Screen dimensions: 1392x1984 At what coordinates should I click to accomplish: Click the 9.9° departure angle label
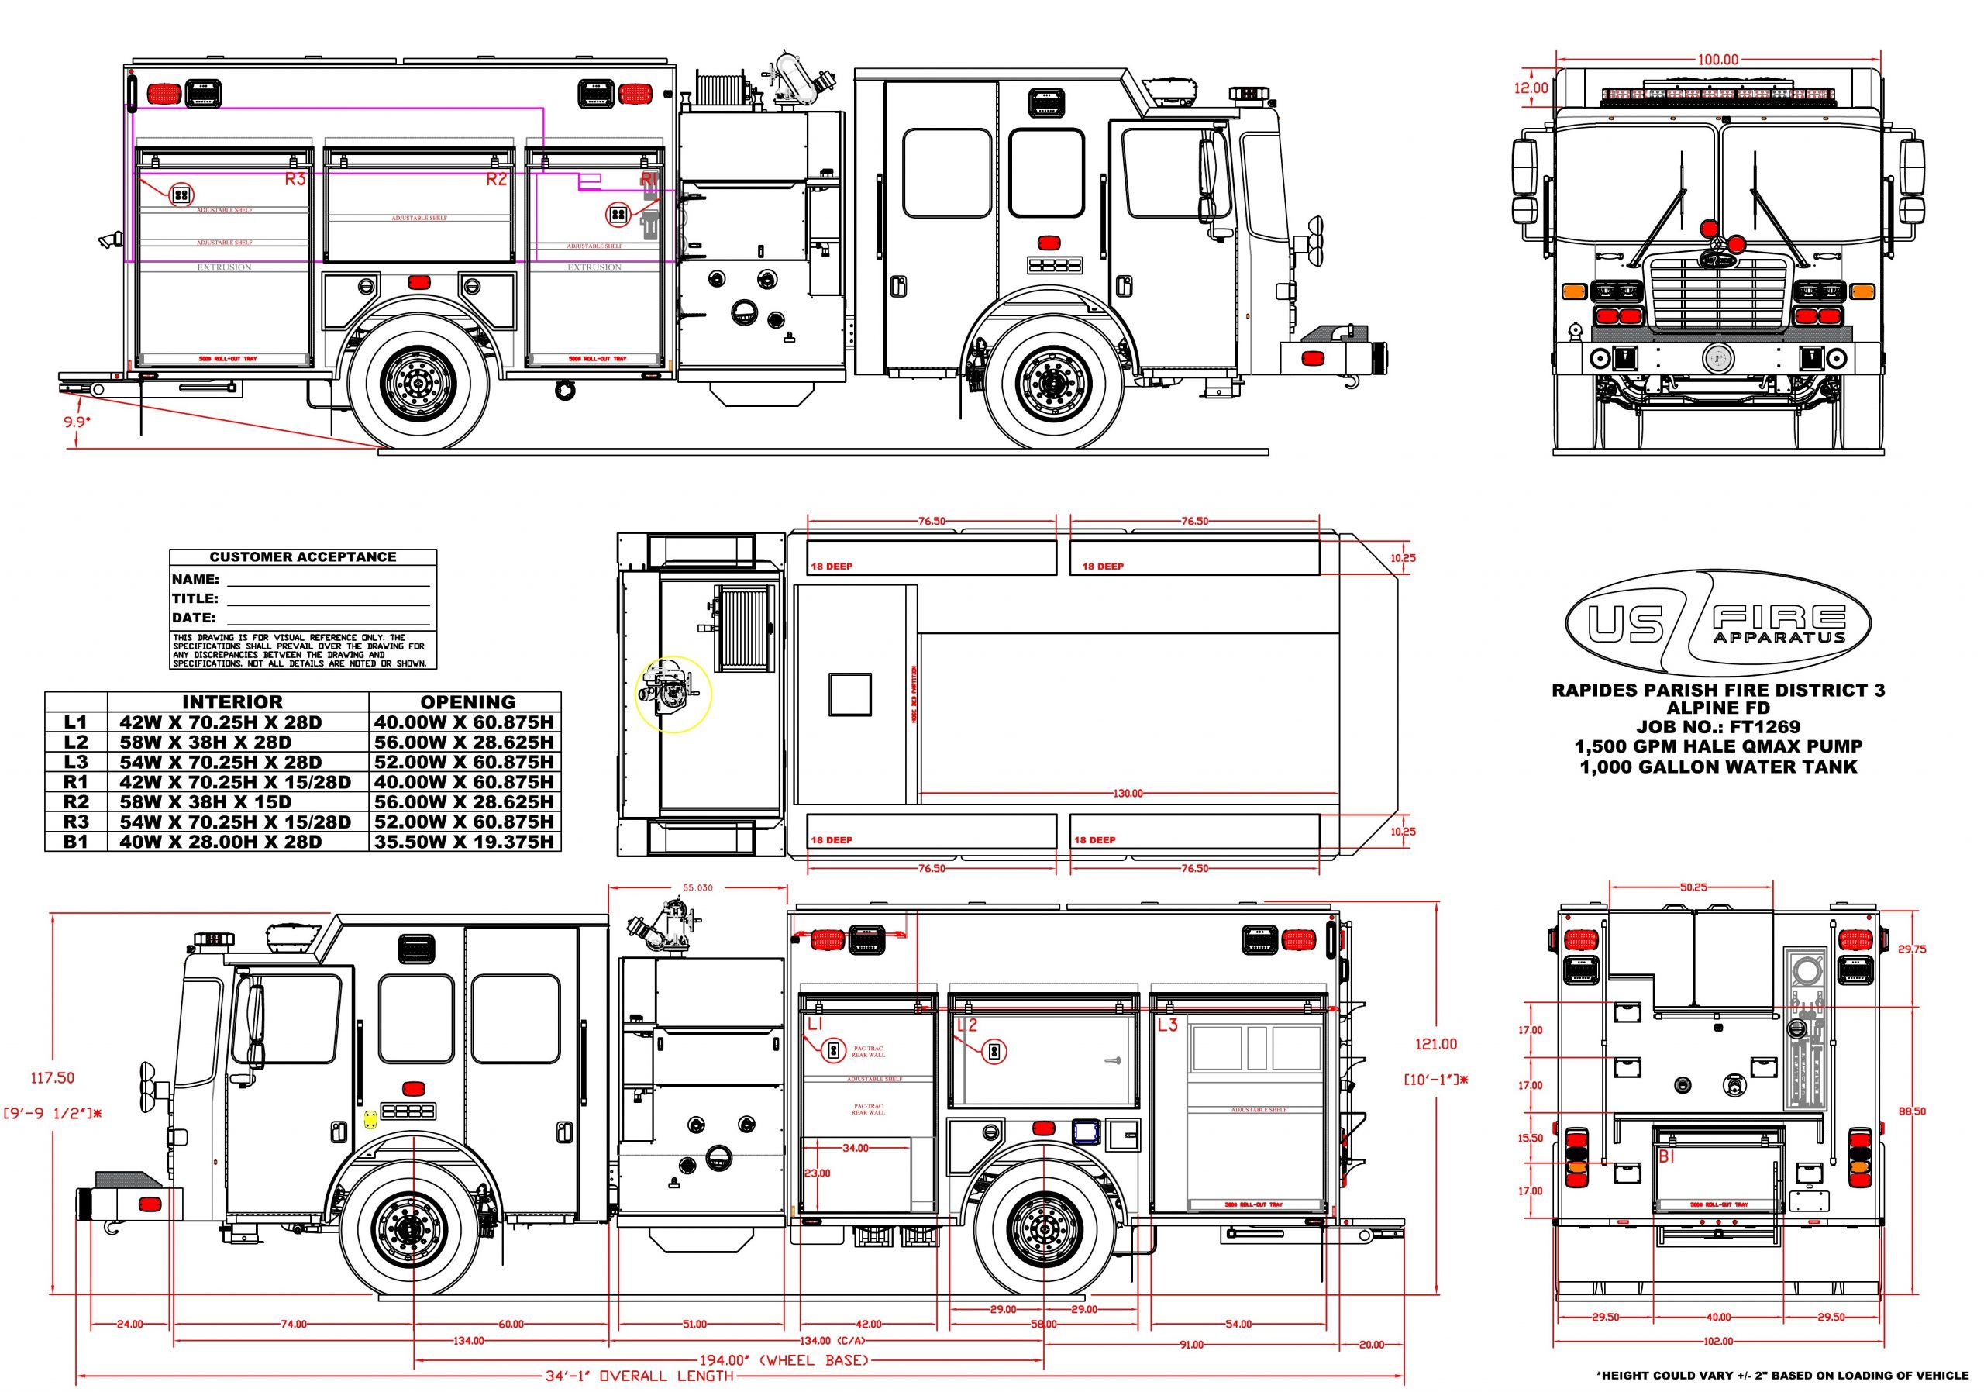coord(77,422)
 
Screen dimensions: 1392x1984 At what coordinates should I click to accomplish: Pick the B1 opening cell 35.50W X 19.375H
coord(464,842)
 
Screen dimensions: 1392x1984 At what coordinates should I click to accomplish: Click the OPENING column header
coord(467,702)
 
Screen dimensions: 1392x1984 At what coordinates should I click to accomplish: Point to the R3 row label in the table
coord(76,822)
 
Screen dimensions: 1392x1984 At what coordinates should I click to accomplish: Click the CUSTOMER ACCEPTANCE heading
coord(302,557)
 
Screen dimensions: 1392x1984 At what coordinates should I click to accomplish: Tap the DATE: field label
coord(194,618)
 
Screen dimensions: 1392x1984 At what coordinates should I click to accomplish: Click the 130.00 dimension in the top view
coord(1127,793)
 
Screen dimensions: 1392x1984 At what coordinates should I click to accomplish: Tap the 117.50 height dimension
coord(53,1077)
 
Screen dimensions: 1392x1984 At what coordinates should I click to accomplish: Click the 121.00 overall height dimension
coord(1435,1044)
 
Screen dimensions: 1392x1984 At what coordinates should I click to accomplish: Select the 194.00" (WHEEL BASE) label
coord(784,1360)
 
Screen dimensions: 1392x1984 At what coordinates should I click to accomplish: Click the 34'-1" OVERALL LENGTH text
coord(639,1376)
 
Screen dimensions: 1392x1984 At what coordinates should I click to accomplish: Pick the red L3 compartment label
coord(1167,1025)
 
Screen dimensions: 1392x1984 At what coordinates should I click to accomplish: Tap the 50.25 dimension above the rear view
coord(1693,887)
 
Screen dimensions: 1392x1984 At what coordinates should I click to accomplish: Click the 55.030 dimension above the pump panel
coord(697,887)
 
